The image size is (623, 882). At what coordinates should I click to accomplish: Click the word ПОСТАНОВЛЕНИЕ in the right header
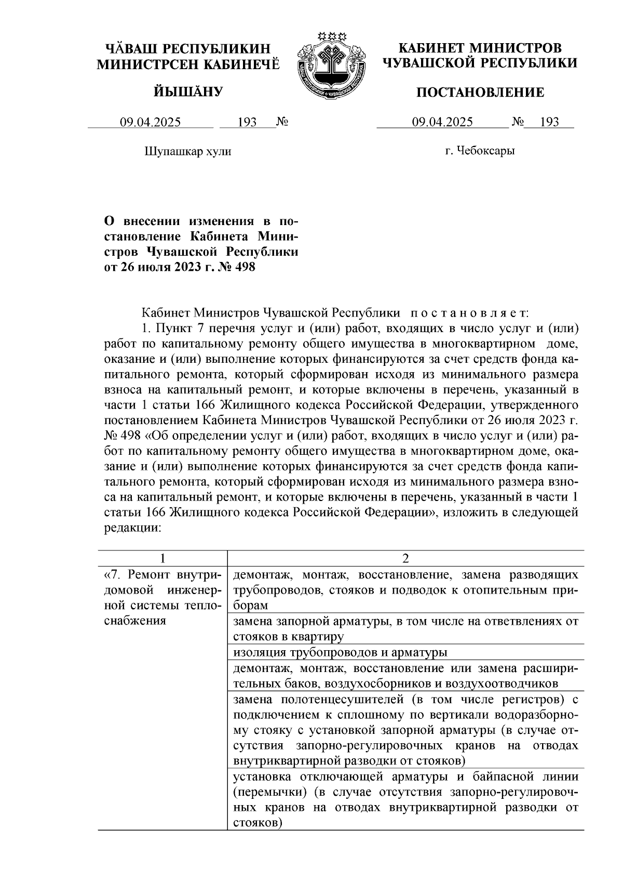(481, 93)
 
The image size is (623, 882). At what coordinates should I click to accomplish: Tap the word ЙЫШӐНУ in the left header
(188, 92)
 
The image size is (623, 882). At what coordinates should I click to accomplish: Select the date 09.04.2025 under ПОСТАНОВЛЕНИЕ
(442, 122)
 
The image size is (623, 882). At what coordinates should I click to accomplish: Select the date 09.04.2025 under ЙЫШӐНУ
(151, 122)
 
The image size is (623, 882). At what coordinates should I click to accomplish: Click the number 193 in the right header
(549, 122)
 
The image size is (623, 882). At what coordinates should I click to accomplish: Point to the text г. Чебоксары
(480, 151)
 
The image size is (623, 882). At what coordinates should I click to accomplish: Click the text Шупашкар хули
(187, 151)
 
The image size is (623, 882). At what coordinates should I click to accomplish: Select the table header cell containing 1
(163, 558)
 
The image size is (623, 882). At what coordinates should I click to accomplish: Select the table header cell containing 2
(405, 558)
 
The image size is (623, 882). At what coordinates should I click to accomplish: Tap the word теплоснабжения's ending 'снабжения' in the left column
(135, 621)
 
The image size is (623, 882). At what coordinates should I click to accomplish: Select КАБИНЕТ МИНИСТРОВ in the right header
(480, 48)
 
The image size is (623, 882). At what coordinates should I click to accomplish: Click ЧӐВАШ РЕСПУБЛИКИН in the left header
(188, 49)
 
